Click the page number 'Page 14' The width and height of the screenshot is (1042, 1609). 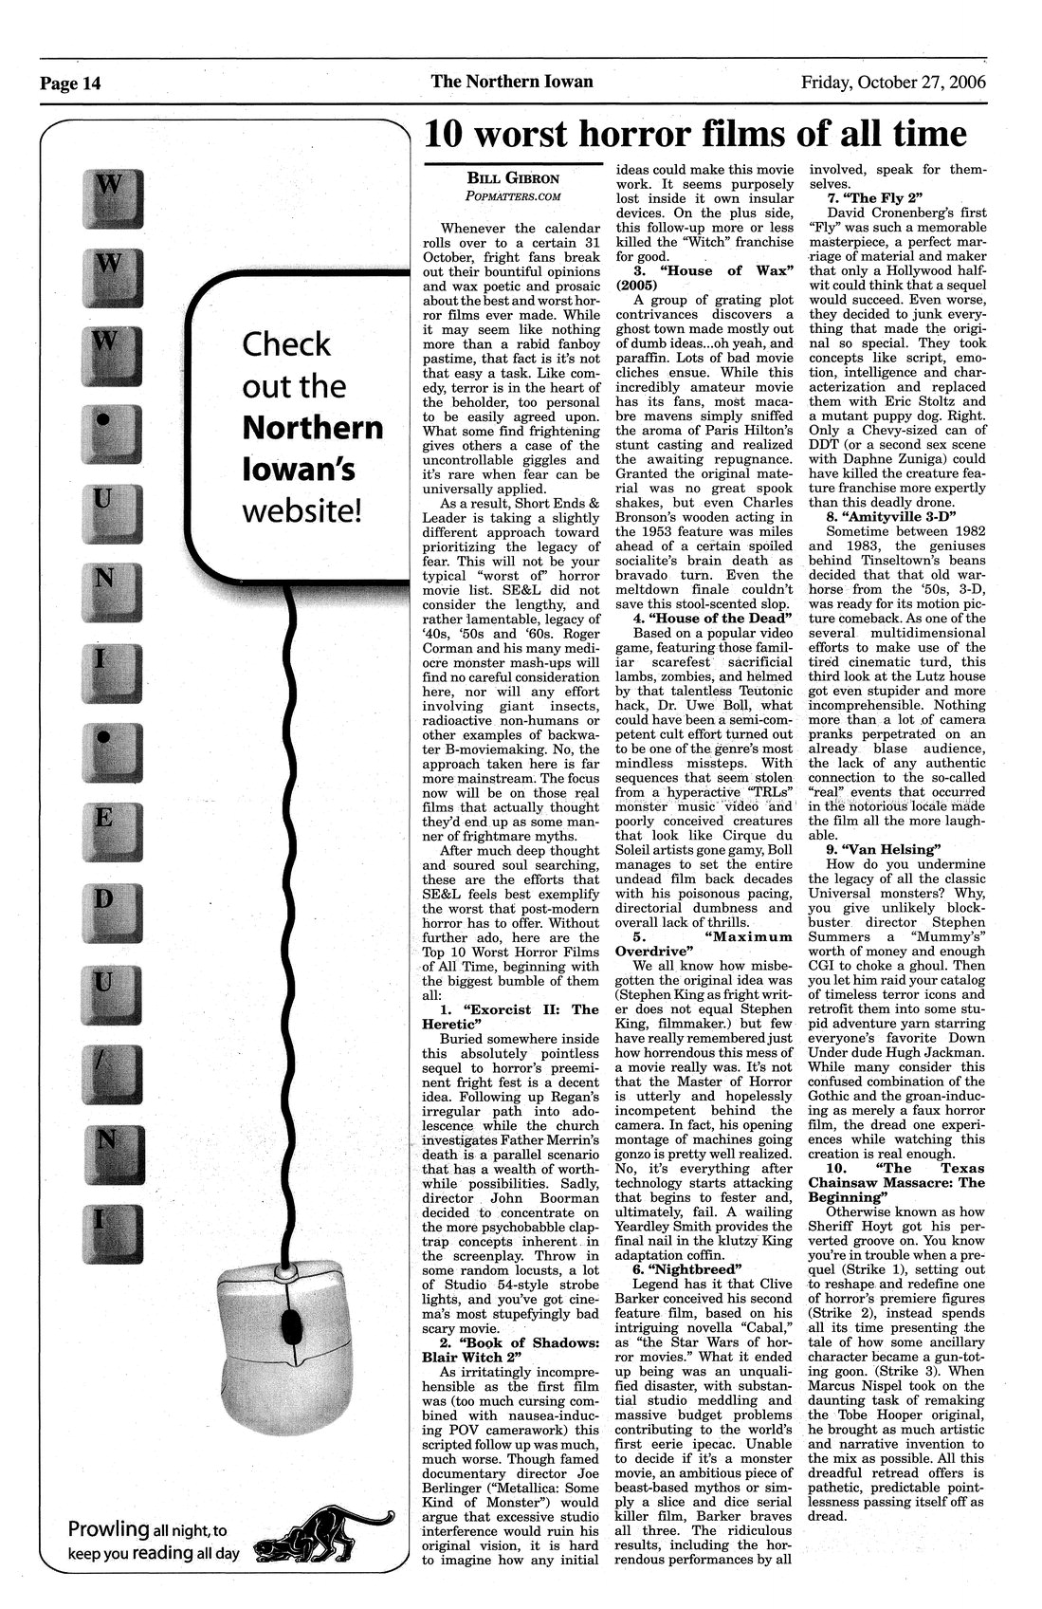point(69,83)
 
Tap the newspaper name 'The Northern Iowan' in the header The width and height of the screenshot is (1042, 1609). point(512,82)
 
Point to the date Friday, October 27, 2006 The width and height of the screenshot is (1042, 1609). point(893,83)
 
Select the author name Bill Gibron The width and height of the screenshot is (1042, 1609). point(513,178)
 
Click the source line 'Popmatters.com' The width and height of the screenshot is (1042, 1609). point(513,195)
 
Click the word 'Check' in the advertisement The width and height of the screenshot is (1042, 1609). point(287,344)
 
